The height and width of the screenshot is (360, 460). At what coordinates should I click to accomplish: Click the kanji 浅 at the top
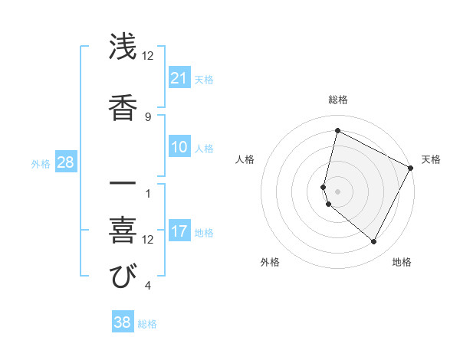pos(123,47)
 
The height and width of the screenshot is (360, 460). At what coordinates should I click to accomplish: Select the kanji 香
pos(123,106)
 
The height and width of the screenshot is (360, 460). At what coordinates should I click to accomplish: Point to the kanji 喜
pos(123,229)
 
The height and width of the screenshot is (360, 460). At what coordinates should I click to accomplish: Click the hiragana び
pos(123,276)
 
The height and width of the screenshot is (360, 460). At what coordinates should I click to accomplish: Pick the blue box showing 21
pos(179,78)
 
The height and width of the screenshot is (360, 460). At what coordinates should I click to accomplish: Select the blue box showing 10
pos(179,147)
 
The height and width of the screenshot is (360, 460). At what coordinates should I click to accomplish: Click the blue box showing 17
pos(179,231)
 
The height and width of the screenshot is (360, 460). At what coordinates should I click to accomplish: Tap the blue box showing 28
pos(65,162)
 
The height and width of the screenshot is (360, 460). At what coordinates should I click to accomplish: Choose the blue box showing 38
pos(122,322)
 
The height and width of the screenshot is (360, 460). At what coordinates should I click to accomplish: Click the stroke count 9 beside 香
pos(148,116)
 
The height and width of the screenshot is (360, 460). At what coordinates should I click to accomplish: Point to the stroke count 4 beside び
pos(148,286)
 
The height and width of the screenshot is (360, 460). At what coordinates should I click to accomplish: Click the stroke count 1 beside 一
pos(148,193)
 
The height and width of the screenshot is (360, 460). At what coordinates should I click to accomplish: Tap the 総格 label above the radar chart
pos(338,100)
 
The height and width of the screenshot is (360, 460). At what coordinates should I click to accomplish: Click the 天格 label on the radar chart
pos(431,159)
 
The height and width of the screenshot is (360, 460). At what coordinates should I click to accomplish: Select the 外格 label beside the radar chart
pos(270,262)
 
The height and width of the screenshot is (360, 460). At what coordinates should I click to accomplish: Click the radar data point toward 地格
pos(373,242)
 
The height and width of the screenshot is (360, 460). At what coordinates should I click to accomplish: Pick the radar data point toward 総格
pos(337,131)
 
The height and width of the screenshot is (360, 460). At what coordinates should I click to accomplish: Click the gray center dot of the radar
pos(337,191)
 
